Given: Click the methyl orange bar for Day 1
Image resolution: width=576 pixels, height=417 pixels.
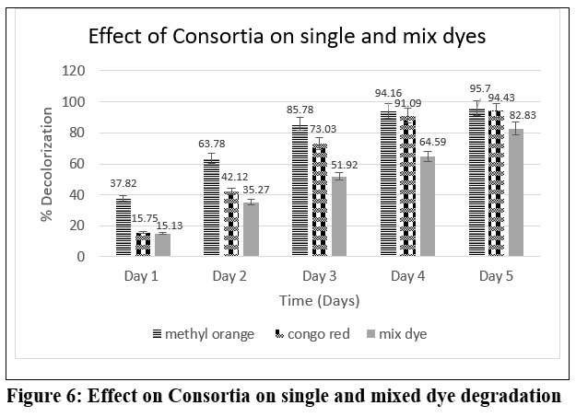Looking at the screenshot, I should click(123, 227).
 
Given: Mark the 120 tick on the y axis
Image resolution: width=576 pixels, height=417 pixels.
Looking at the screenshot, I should click(74, 71).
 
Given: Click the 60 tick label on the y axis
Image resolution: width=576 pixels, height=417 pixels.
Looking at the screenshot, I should click(77, 164).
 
